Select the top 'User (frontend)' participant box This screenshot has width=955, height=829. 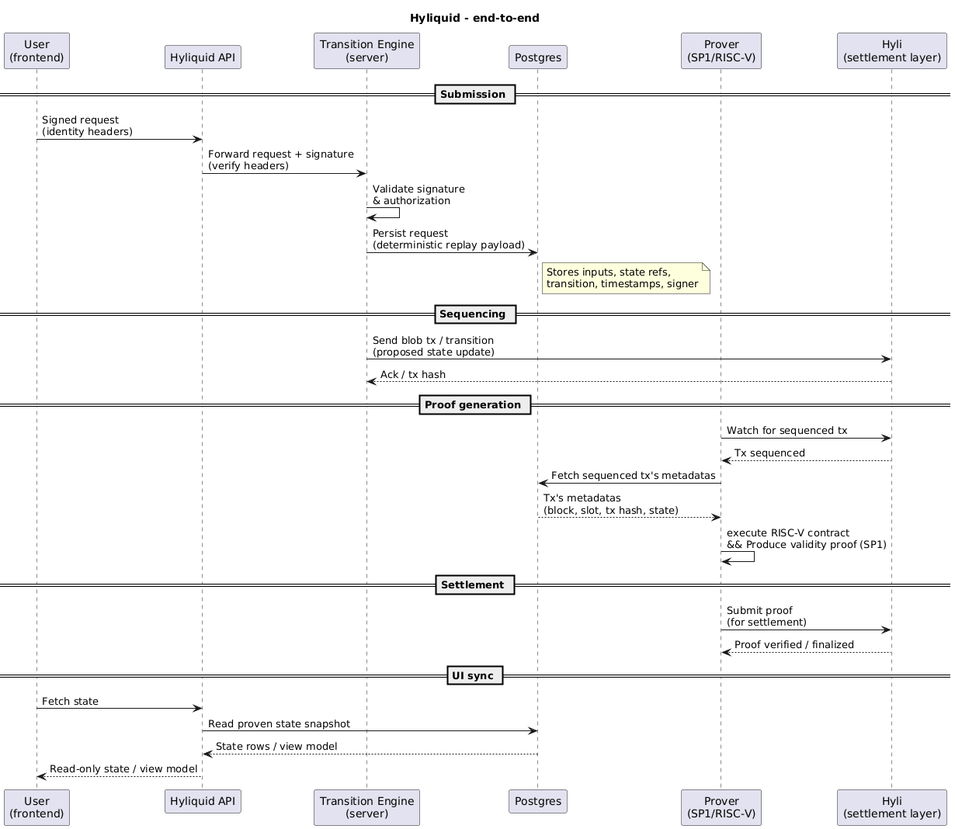[36, 51]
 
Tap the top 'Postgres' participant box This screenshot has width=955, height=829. [538, 57]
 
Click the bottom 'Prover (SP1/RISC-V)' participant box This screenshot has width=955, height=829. [721, 807]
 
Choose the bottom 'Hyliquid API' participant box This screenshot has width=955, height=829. [203, 802]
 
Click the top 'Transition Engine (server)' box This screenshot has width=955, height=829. [366, 51]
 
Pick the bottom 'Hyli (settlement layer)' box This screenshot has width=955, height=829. [892, 807]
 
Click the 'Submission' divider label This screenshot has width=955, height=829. [473, 95]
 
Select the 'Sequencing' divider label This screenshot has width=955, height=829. [472, 314]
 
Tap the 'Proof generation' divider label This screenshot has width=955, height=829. [474, 404]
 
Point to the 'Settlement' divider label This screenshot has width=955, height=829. [472, 584]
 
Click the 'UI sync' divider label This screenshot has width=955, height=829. [474, 675]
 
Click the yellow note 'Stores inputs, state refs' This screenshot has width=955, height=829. [626, 278]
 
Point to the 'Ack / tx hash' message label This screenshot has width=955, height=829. [413, 375]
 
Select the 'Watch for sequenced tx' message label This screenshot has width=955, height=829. [787, 430]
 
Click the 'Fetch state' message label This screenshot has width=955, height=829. [71, 702]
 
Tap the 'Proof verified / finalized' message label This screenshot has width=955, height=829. [794, 645]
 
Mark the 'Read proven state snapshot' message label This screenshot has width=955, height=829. [279, 724]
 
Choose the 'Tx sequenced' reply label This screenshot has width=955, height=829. [769, 453]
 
